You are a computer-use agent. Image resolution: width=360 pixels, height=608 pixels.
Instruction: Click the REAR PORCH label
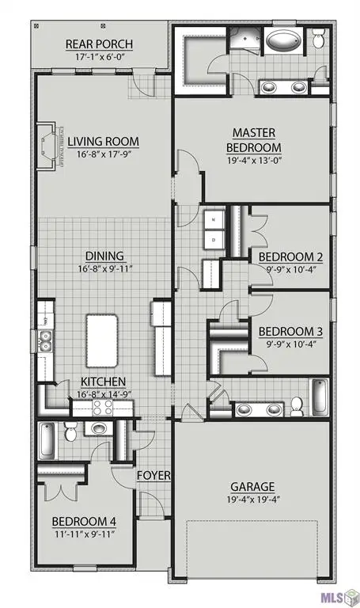[x=99, y=43]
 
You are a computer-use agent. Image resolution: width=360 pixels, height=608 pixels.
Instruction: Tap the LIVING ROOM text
[x=103, y=142]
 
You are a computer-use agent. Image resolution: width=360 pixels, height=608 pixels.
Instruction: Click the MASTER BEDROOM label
[x=253, y=139]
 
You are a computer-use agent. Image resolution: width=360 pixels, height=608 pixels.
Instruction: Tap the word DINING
[x=104, y=256]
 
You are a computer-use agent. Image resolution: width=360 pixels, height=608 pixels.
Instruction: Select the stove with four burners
[x=104, y=407]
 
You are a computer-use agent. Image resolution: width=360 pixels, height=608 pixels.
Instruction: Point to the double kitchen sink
[x=45, y=342]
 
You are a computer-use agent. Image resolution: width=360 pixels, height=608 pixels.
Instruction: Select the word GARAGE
[x=252, y=486]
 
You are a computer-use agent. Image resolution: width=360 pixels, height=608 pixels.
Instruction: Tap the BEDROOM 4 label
[x=83, y=522]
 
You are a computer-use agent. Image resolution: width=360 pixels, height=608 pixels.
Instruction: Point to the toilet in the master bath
[x=318, y=36]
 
